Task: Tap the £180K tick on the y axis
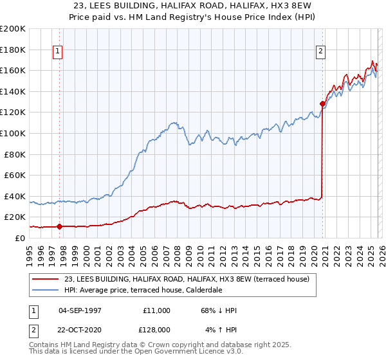[13, 50]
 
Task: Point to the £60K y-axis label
[15, 175]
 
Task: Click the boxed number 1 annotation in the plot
[58, 52]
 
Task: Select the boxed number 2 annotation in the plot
[320, 52]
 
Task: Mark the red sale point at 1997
[60, 226]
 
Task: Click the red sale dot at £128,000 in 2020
[322, 104]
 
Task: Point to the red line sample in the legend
[46, 279]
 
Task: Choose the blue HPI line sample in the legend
[46, 290]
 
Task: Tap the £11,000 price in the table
[156, 310]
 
